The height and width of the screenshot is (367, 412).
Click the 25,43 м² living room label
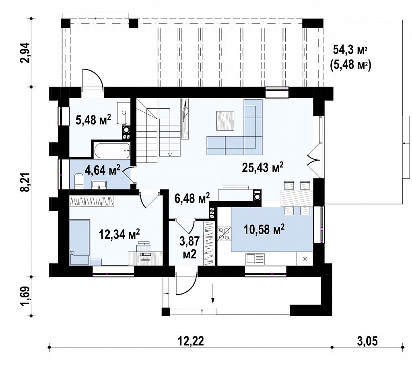point(262,167)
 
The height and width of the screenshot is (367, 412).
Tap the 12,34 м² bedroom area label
point(119,234)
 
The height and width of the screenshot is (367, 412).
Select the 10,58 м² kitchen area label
point(264,229)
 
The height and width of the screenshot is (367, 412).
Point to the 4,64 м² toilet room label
point(102,170)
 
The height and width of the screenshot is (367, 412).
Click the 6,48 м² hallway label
point(192,198)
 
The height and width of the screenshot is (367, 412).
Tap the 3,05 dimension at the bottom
point(367,341)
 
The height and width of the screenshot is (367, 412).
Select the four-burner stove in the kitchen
point(224,233)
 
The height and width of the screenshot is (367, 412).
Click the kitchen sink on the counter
point(255,259)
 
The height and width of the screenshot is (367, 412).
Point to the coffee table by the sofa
point(225,120)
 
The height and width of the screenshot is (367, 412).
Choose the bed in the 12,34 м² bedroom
point(80,242)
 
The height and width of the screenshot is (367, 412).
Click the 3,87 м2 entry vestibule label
point(190,247)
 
